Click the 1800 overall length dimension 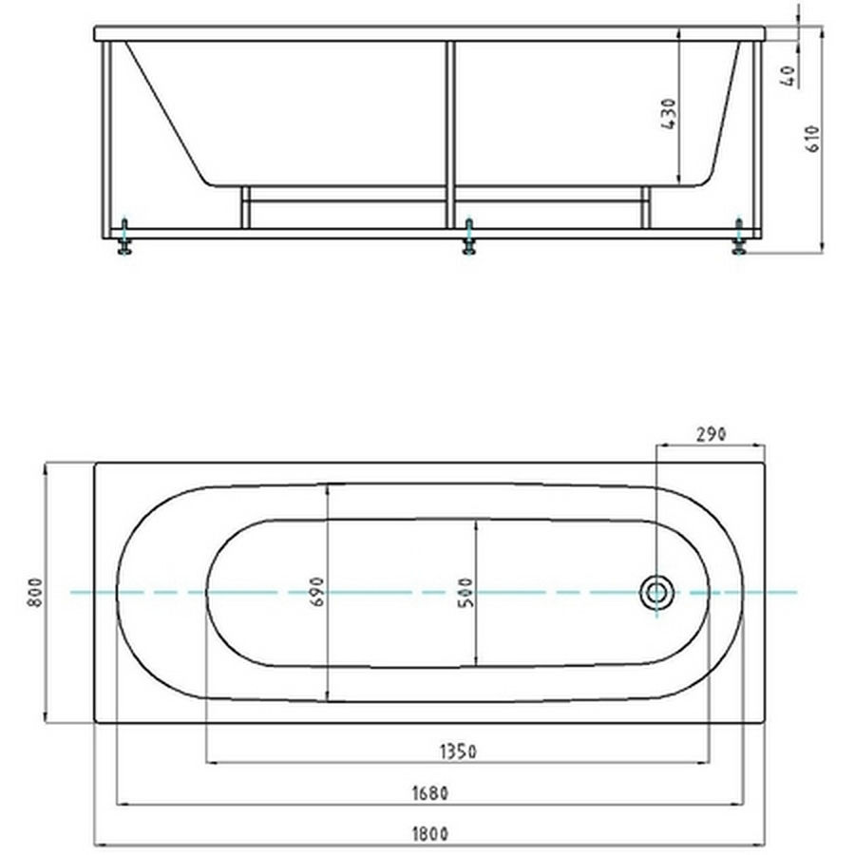pos(430,834)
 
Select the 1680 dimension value pos(430,793)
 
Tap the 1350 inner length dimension pos(458,752)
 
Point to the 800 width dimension pos(35,593)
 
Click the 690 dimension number pos(316,592)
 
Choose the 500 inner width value pos(466,593)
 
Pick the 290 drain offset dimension pos(711,434)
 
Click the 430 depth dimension pos(669,114)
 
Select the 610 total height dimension pos(812,139)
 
